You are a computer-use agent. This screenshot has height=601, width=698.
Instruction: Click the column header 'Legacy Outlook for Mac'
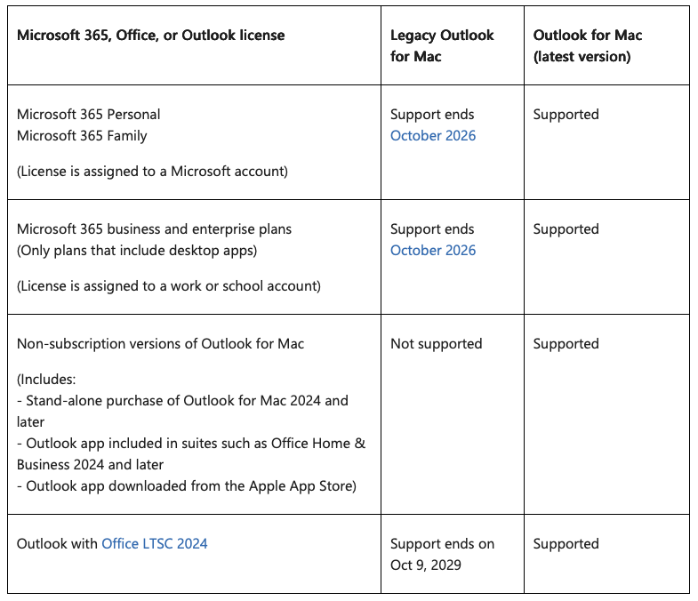(x=442, y=45)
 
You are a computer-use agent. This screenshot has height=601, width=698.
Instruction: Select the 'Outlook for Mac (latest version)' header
(x=587, y=45)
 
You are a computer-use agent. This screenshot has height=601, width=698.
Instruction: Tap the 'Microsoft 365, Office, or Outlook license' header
(x=151, y=36)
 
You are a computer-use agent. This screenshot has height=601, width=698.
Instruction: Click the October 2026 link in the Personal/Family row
(x=433, y=136)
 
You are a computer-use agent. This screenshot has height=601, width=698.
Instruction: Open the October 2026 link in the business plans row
(x=433, y=251)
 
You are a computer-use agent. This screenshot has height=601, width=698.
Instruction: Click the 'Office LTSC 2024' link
(x=155, y=543)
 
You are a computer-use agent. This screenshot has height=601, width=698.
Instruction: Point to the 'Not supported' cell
(x=436, y=344)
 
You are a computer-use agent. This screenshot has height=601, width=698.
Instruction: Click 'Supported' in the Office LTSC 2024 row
(x=566, y=544)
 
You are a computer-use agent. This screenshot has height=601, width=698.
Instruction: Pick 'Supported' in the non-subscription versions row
(x=566, y=344)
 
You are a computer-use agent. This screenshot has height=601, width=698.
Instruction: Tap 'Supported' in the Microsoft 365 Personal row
(x=566, y=115)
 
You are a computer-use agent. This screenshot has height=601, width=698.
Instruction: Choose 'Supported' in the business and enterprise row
(x=566, y=229)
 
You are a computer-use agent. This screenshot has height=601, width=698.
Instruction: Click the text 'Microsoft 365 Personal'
(x=89, y=115)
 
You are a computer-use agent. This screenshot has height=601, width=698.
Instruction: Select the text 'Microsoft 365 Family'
(x=82, y=136)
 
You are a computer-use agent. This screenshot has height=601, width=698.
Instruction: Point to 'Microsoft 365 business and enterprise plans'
(x=154, y=229)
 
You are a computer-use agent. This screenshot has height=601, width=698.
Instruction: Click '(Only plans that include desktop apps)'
(x=137, y=251)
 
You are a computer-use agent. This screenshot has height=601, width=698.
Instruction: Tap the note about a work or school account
(x=169, y=286)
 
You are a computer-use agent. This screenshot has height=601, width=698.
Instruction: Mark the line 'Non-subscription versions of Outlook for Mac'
(x=160, y=344)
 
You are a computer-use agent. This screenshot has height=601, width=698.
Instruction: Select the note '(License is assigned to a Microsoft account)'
(x=152, y=172)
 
